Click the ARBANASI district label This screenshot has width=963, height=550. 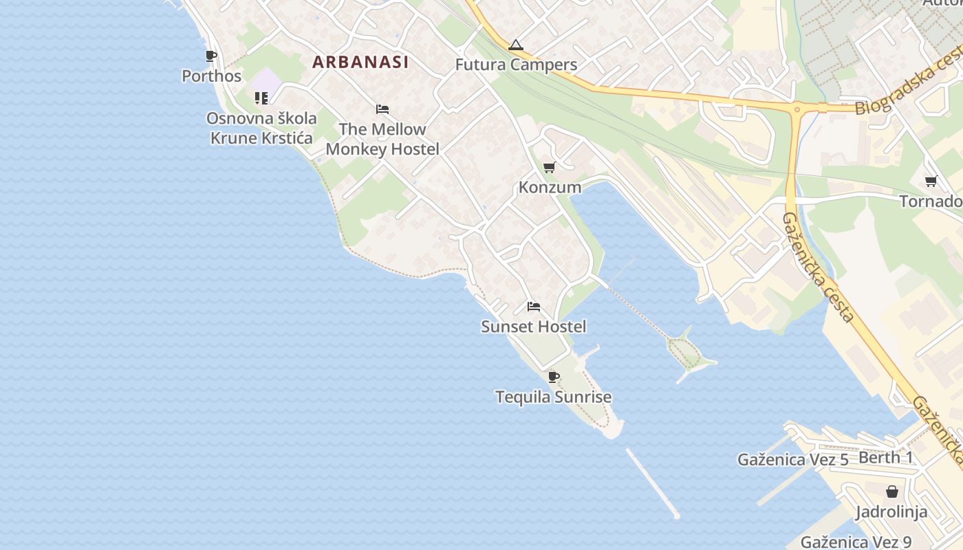[x=360, y=62]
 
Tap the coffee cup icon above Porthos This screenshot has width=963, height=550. [x=211, y=56]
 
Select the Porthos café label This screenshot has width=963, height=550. [x=211, y=76]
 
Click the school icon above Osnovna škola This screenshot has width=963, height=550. [x=261, y=98]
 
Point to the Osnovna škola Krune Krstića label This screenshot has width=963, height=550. [x=261, y=128]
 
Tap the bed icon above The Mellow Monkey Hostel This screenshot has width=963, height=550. [x=382, y=109]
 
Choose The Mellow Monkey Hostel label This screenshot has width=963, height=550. [x=382, y=139]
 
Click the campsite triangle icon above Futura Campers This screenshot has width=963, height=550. [x=516, y=45]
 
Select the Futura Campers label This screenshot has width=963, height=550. [x=516, y=65]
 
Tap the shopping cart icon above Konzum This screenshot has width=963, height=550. [x=549, y=167]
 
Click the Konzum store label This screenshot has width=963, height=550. [x=550, y=187]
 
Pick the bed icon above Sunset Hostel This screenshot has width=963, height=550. [x=534, y=307]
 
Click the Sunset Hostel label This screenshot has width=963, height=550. [x=534, y=327]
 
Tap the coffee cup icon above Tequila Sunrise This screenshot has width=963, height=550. [x=553, y=377]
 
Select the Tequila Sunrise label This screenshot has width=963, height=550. [x=553, y=397]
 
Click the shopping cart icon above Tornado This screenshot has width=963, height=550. [x=931, y=181]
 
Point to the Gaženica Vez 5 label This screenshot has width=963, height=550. [x=792, y=460]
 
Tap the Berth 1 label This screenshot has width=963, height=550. [x=886, y=458]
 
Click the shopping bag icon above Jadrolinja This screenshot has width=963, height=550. [x=892, y=492]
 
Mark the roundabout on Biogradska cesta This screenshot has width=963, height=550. [x=798, y=109]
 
